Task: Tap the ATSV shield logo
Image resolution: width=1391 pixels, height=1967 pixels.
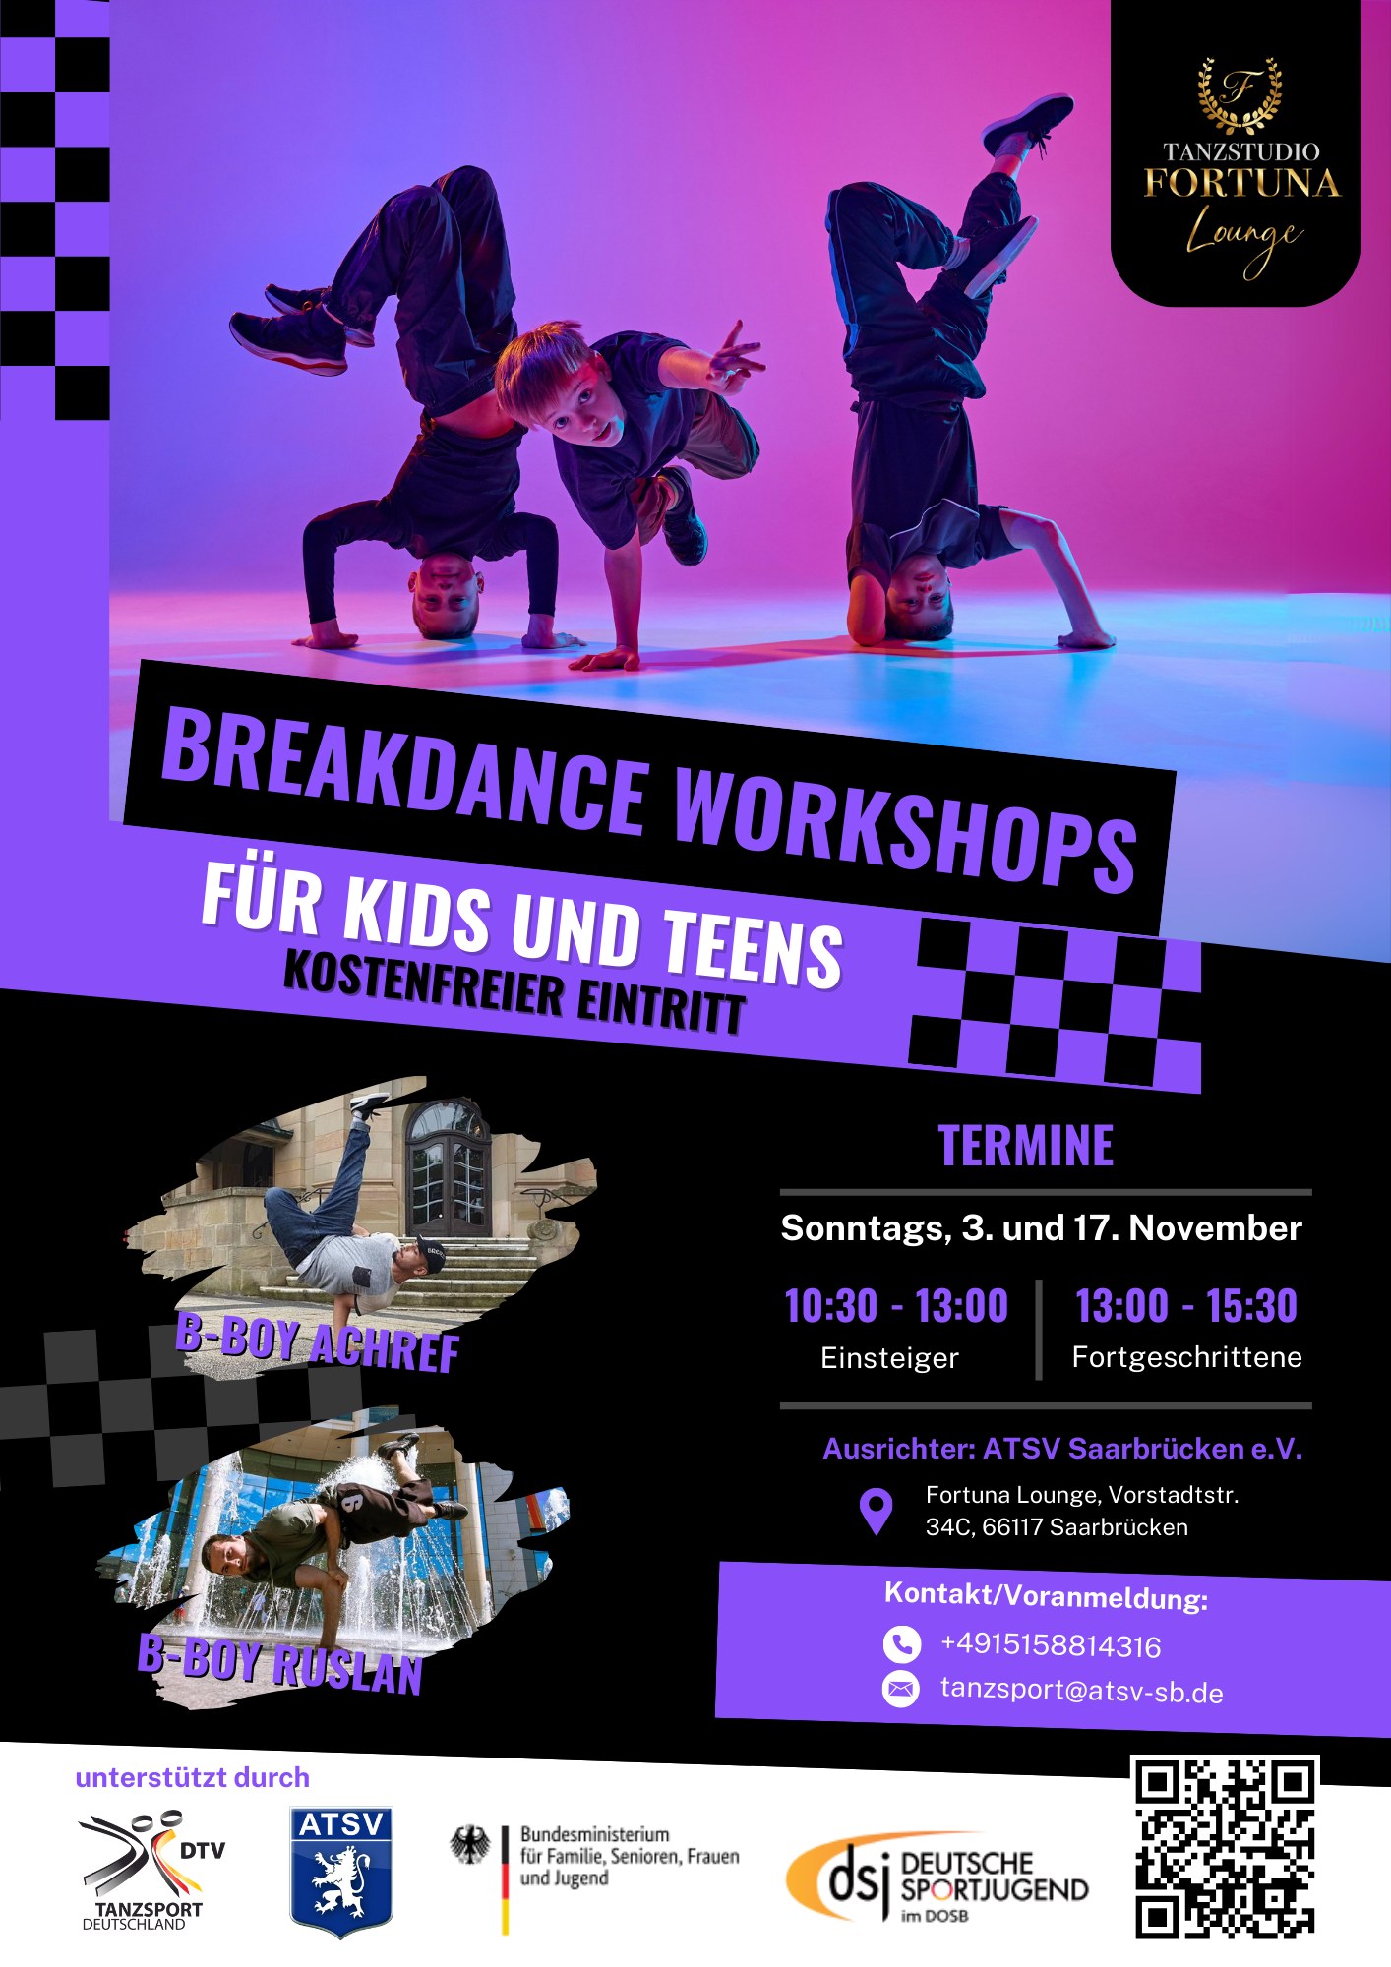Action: point(341,1872)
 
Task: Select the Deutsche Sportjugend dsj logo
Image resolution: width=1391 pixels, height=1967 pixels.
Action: point(937,1877)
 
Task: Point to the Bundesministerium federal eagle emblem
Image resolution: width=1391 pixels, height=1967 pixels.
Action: point(470,1846)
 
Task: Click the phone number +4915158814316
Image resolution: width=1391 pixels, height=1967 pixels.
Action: point(1051,1646)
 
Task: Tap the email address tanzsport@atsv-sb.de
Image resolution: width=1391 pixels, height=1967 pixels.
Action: point(1082,1692)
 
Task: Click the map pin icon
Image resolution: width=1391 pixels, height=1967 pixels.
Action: point(876,1512)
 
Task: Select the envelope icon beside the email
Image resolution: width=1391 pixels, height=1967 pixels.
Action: point(900,1690)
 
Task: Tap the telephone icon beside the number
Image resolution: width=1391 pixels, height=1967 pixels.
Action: point(901,1643)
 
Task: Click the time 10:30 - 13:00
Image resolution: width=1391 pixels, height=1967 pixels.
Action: point(896,1306)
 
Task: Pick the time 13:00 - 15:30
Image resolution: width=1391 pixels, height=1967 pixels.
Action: point(1186,1306)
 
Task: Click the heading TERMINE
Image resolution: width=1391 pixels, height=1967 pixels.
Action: point(1026,1146)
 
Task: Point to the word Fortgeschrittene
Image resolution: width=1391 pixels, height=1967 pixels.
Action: point(1187,1357)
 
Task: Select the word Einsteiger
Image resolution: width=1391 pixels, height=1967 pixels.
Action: point(889,1358)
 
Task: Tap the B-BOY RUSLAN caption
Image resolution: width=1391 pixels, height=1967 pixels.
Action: point(280,1663)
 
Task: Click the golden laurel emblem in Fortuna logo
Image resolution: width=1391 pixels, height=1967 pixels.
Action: point(1239,94)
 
